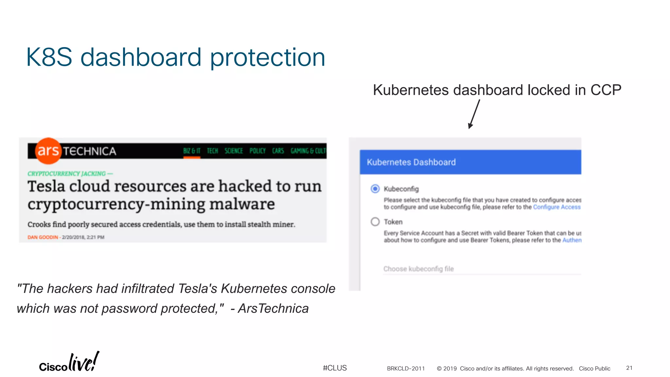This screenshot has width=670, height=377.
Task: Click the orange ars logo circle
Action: pos(48,151)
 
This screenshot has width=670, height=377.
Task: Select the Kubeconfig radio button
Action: pos(375,189)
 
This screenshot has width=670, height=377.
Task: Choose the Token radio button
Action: pos(375,222)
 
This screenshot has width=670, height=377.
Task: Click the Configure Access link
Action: pos(557,207)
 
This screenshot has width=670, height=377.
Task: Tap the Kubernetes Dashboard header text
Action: pos(411,162)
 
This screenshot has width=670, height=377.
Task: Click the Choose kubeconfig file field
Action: pos(418,269)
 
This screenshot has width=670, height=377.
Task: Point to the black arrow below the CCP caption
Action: pos(474,115)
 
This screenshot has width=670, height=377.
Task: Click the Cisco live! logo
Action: pos(69,363)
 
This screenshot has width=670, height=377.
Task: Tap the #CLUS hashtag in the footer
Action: pos(335,368)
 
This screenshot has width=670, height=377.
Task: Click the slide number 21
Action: pos(629,368)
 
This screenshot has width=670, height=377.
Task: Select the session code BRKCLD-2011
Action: pos(406,369)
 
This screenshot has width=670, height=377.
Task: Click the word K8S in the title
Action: pos(49,58)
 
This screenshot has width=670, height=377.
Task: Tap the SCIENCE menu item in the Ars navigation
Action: pos(234,151)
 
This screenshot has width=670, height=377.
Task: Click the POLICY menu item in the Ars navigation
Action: pos(257,151)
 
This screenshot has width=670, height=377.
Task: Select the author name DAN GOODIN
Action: pos(43,237)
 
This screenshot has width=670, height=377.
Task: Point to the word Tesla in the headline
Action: pos(46,187)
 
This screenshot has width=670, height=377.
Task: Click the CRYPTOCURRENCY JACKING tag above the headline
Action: pos(67,174)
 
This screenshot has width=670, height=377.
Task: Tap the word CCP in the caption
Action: pos(606,90)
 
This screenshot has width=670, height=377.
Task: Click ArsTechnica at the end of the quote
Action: pos(273,309)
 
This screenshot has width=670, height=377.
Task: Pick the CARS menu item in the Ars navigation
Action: pos(278,151)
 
